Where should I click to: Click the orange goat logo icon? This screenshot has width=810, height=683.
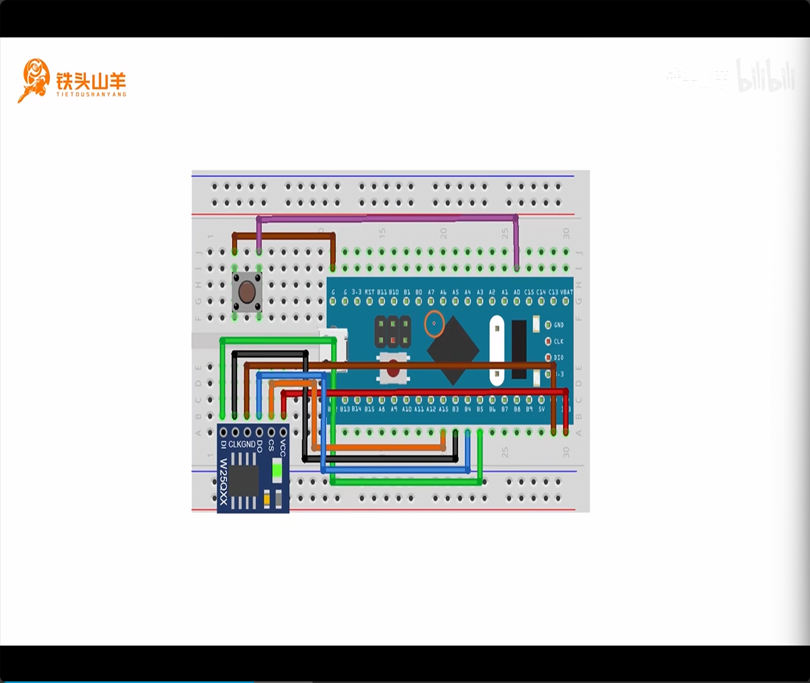33,80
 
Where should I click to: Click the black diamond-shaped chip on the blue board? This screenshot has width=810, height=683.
453,350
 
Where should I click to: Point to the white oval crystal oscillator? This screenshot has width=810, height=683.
497,351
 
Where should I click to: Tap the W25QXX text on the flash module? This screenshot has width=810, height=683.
223,481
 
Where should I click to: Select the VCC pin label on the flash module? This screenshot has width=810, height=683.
283,447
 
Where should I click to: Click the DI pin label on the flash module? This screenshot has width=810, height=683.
223,444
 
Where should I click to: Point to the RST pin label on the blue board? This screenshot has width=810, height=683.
369,292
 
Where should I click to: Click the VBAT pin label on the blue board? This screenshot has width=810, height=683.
567,292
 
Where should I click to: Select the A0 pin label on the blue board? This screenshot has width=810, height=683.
517,292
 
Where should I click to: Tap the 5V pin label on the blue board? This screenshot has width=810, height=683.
542,409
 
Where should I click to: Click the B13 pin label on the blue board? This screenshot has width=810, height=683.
345,409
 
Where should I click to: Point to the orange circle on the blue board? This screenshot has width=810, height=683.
434,323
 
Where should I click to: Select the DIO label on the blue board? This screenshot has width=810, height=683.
559,358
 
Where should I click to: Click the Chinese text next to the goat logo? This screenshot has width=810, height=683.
91,81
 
